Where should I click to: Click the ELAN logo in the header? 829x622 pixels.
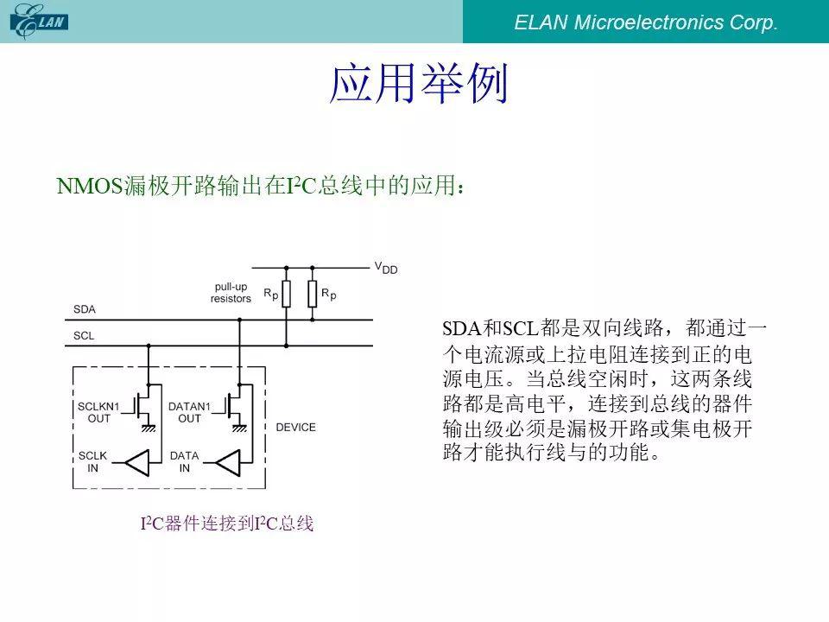pos(39,21)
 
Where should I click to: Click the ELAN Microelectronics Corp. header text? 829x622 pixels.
pos(646,22)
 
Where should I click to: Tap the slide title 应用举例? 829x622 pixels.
pos(418,84)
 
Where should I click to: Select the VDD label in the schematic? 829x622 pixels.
pos(386,268)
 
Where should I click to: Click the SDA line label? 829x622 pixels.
pos(85,309)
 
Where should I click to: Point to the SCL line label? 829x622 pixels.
pos(84,335)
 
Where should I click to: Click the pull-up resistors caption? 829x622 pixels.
pos(231,293)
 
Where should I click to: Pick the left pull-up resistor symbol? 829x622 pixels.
pos(286,294)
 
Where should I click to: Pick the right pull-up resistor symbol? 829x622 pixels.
pos(313,294)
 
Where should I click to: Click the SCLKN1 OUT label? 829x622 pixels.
pos(98,412)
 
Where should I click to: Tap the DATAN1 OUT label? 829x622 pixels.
pos(189,412)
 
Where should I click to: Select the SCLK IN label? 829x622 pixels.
pos(92,461)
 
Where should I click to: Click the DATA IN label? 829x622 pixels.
pos(184,461)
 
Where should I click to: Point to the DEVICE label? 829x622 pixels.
pos(295,428)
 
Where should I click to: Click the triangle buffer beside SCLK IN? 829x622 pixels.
pos(137,463)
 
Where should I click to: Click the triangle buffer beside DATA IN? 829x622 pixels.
pos(228,463)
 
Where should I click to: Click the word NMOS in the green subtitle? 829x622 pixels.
pos(89,186)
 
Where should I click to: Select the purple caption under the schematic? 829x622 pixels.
pos(227,524)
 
